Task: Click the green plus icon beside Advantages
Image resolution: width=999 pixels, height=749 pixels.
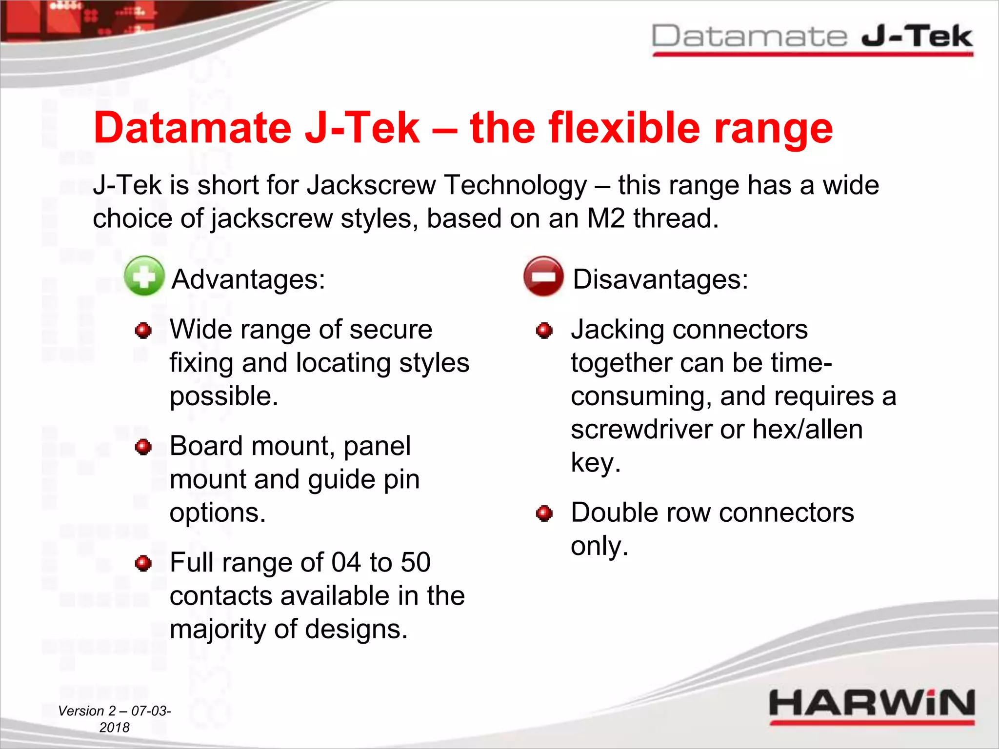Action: (144, 276)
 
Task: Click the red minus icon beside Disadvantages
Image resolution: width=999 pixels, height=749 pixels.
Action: (543, 276)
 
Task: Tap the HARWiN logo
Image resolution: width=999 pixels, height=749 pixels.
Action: (871, 705)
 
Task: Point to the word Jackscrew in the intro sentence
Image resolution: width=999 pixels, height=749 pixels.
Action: (371, 186)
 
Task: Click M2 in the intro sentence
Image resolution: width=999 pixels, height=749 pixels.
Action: (605, 218)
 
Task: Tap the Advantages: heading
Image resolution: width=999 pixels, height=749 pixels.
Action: (248, 279)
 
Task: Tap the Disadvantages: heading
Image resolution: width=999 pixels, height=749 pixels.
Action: (660, 279)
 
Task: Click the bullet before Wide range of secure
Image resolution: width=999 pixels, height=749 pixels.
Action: (143, 331)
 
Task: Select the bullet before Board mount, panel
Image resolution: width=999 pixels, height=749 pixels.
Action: (143, 447)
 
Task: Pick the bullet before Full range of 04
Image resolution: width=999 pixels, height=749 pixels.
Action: (143, 563)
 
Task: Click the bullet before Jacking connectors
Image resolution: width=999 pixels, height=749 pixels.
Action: (544, 331)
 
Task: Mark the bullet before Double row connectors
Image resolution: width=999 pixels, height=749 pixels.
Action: (544, 513)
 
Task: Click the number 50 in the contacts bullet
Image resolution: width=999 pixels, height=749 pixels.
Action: (415, 562)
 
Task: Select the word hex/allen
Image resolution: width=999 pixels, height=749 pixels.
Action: (807, 430)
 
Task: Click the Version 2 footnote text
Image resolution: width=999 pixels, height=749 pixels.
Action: (114, 719)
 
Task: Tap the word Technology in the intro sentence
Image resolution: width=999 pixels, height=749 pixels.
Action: (516, 186)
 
